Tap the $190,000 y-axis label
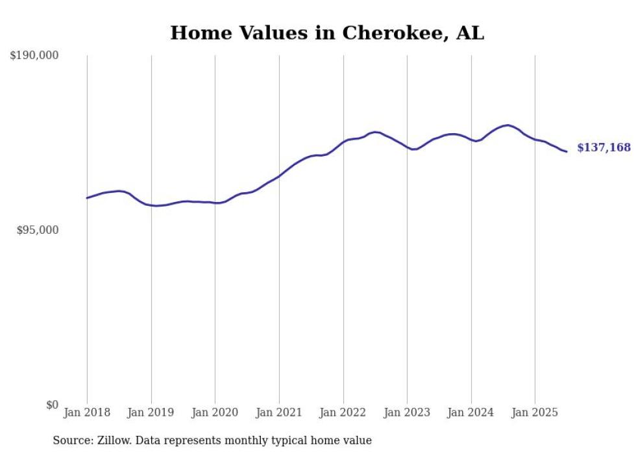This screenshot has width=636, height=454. coord(34,56)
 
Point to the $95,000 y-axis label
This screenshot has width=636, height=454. coord(38,230)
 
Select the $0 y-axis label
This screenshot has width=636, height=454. coord(52,405)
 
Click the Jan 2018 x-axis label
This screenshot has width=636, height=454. coord(87,412)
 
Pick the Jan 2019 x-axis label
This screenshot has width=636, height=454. coord(151,412)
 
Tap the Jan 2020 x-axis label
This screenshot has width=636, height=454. coord(215,412)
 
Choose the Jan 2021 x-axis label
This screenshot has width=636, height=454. coord(279,412)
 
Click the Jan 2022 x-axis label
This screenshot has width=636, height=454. coord(343,412)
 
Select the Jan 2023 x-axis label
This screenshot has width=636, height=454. coord(407,412)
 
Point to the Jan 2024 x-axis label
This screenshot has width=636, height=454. coord(471,412)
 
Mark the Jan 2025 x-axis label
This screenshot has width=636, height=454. coord(535,412)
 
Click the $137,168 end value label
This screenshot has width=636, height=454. coord(604,148)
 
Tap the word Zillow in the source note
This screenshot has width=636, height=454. coord(113,440)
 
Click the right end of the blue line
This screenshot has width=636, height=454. coord(567,152)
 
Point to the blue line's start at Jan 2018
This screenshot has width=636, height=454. coord(87,198)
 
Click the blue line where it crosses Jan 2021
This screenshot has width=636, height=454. coord(279,176)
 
